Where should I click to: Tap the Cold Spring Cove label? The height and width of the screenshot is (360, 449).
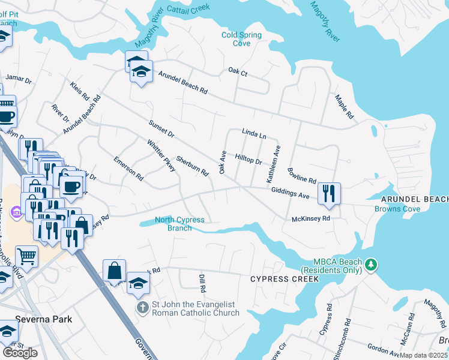(241, 39)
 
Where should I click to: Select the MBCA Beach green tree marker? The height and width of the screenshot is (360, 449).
(371, 265)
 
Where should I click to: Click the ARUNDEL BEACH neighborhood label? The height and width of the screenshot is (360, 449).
(414, 199)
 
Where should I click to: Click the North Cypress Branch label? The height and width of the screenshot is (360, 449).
(179, 224)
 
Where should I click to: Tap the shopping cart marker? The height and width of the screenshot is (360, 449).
(26, 256)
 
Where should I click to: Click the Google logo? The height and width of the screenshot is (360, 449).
(20, 353)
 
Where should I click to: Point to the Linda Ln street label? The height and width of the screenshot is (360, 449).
(254, 134)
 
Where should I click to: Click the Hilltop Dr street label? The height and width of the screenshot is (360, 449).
(249, 159)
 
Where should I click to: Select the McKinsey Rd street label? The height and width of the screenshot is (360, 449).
(310, 219)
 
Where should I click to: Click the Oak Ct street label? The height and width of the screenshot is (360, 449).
(238, 71)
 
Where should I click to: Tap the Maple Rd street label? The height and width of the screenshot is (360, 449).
(345, 107)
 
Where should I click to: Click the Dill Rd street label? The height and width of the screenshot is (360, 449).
(202, 283)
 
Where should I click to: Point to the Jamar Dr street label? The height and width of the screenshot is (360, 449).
(18, 80)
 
